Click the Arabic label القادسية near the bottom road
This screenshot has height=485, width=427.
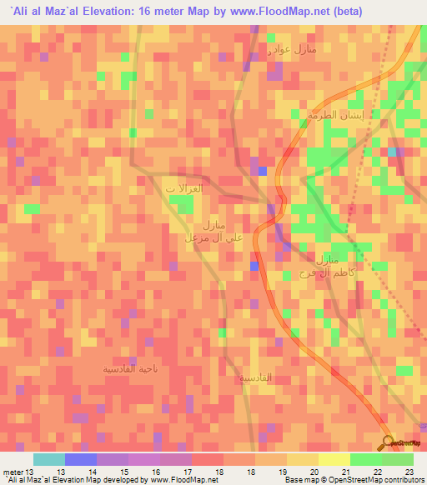[255, 377]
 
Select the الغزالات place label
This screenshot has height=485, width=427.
[183, 189]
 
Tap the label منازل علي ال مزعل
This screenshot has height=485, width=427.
[213, 232]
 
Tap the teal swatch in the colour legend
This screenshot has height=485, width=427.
[49, 459]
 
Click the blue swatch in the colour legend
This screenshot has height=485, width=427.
[81, 459]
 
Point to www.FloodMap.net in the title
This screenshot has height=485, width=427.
[269, 10]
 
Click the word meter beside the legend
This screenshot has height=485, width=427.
[13, 472]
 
